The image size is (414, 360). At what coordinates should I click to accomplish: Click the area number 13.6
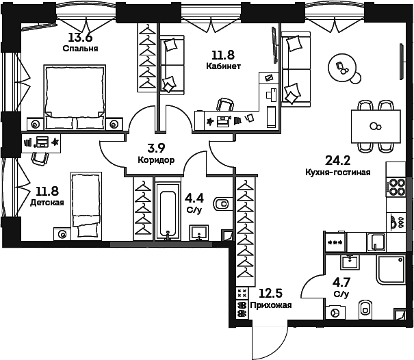tap(80, 37)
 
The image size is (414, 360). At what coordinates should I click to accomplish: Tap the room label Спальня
tap(81, 49)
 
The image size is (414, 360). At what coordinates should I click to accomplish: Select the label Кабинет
tap(223, 66)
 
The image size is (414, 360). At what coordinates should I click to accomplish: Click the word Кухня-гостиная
tap(338, 172)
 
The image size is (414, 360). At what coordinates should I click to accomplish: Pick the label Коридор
tap(156, 159)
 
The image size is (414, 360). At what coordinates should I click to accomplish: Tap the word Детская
tap(47, 203)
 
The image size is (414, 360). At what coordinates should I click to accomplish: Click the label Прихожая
tap(271, 305)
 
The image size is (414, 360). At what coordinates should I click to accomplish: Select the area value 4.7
tap(341, 283)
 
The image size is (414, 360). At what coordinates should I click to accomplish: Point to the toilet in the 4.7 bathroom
tap(365, 309)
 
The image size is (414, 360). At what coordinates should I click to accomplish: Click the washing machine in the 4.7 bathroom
tap(335, 313)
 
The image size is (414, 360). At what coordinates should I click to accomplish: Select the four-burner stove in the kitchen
tap(396, 187)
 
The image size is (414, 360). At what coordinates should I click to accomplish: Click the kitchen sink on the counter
tap(376, 242)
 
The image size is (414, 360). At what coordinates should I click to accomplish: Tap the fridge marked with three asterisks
tap(335, 242)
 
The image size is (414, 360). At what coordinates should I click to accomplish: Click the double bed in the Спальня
tap(75, 97)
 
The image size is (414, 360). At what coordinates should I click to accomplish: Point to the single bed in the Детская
tap(86, 206)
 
